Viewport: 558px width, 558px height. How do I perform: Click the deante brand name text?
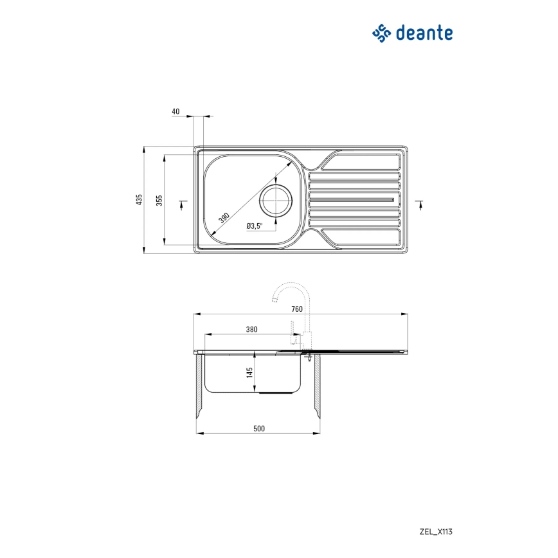(425, 33)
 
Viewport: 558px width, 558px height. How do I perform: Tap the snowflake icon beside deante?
(382, 33)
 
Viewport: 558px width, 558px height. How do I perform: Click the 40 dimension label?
(175, 111)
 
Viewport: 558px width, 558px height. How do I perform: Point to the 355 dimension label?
(160, 200)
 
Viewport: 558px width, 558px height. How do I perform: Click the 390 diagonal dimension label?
(224, 217)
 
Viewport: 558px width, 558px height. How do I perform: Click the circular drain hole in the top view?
(275, 199)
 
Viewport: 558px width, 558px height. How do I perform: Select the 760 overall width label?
(296, 309)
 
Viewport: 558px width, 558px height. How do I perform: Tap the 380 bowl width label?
(251, 329)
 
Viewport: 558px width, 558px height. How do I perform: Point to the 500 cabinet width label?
(259, 428)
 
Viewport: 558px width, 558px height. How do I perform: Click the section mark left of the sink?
(182, 204)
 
